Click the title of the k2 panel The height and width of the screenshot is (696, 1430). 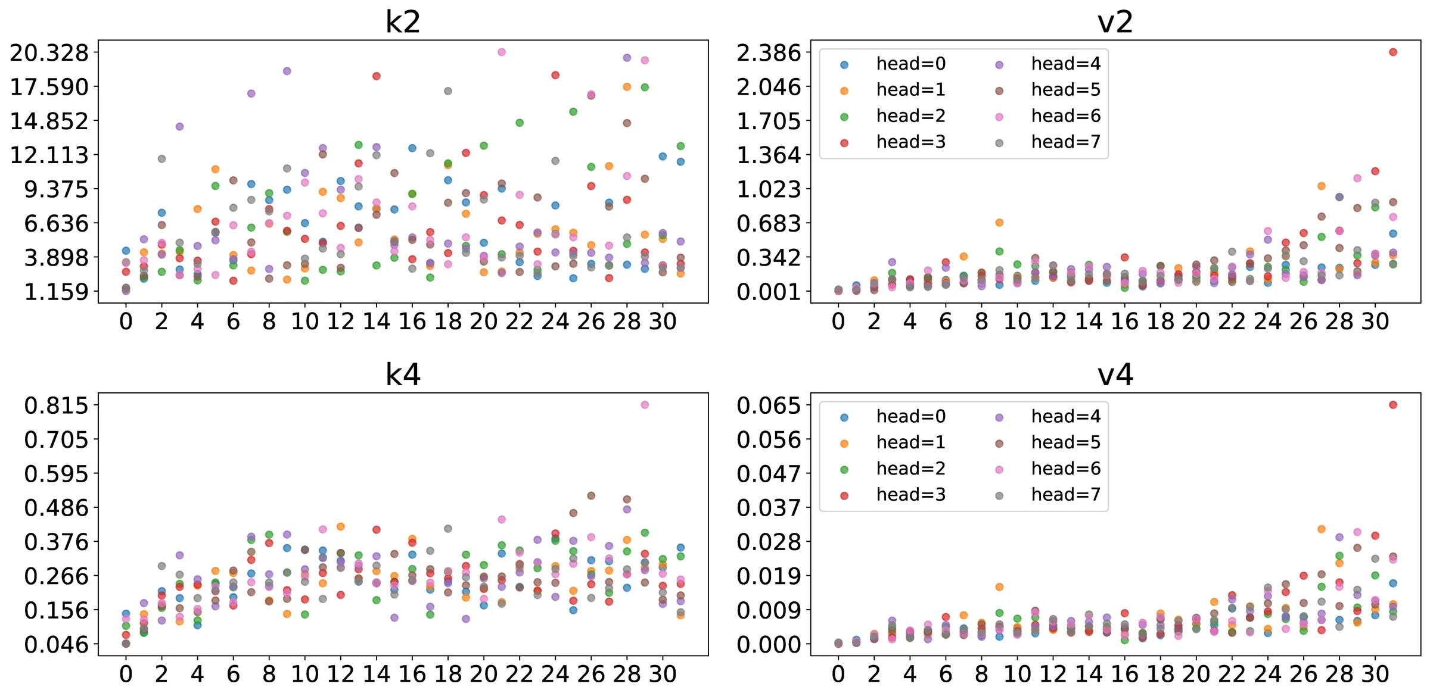403,22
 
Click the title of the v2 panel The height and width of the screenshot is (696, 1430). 1115,22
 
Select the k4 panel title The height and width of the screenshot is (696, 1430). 403,374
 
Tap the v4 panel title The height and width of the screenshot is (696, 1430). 1115,374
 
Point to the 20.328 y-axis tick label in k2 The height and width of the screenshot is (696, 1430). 49,53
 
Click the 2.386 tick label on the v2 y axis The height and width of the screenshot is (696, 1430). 769,53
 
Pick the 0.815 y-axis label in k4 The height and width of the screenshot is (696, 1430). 56,405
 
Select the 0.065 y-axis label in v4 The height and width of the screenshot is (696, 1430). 769,405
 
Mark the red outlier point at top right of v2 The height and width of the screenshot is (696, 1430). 1393,52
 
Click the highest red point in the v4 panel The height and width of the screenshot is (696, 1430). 1393,405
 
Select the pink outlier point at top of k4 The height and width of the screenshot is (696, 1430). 645,405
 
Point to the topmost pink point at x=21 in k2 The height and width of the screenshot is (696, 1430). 502,52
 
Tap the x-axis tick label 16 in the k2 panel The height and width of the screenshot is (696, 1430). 412,322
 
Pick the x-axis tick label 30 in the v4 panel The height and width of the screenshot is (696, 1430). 1375,675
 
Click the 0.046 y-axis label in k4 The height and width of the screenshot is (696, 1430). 56,645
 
